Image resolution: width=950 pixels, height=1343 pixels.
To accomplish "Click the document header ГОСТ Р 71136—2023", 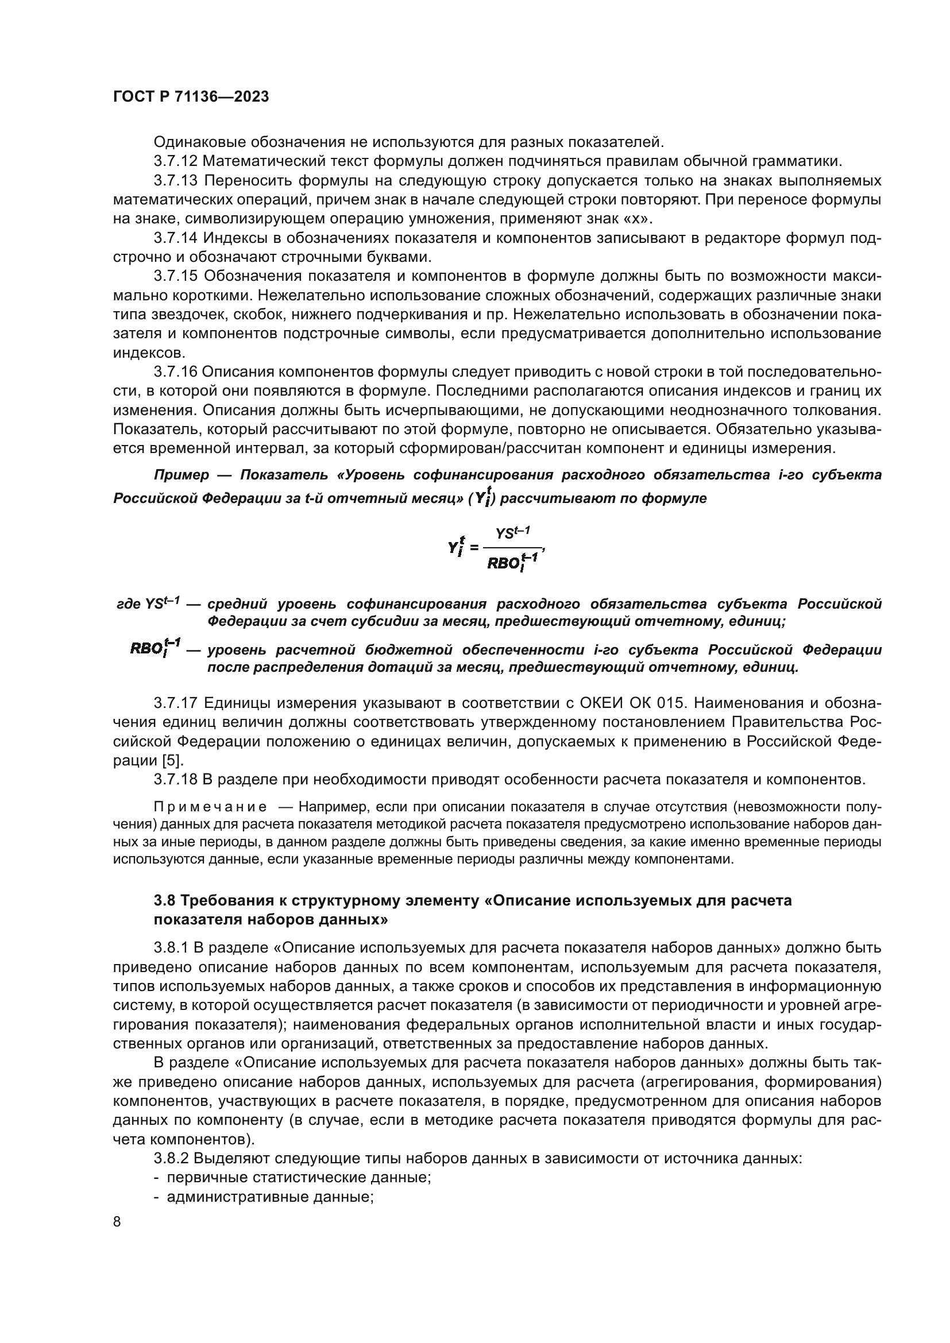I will click(191, 97).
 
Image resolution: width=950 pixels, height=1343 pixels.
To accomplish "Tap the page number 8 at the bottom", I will click(117, 1222).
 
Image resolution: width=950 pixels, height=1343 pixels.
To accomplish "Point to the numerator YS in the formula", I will click(507, 533).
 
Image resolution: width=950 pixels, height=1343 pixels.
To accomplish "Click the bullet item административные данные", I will click(270, 1197).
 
